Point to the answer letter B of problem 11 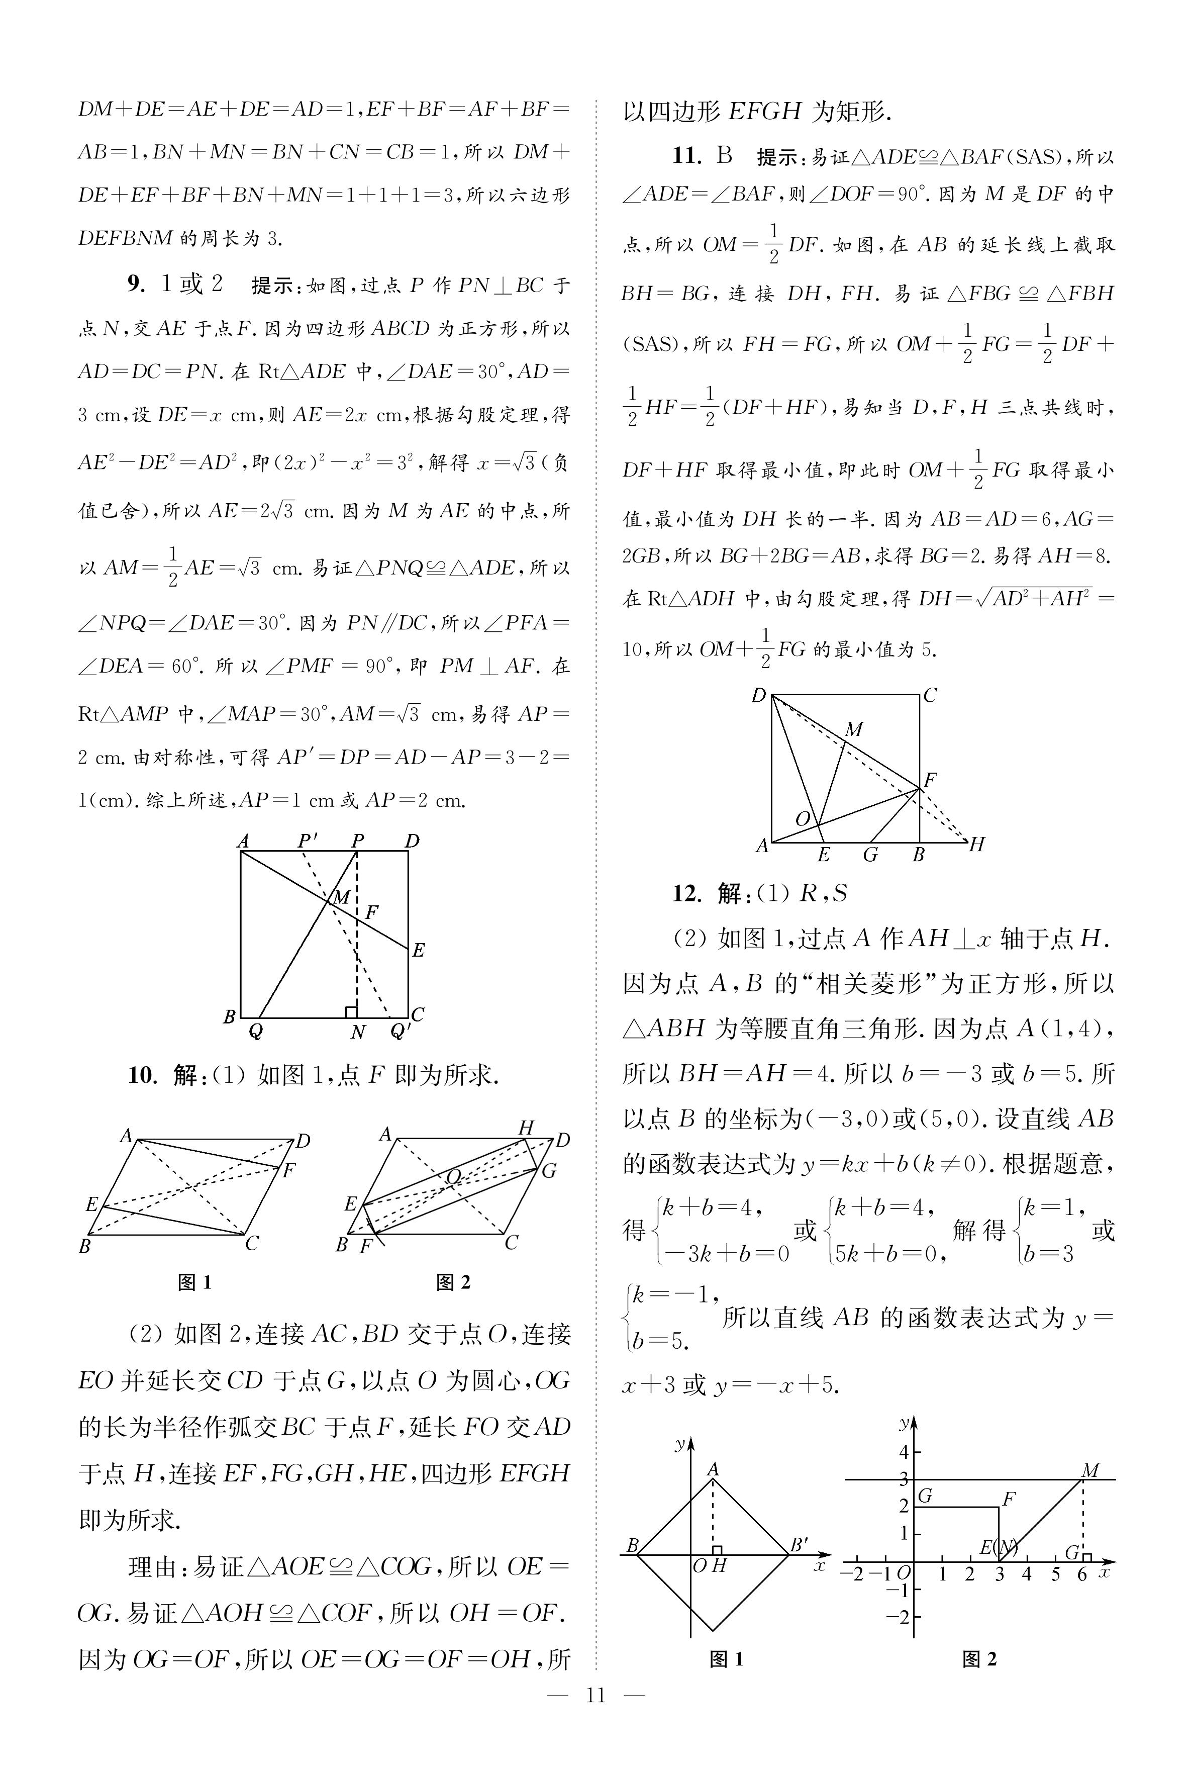(724, 157)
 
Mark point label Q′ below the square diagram (400, 1033)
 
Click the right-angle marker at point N (351, 1012)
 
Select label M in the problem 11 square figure (854, 729)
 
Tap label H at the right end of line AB (977, 844)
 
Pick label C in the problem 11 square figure (929, 695)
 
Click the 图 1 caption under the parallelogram (195, 1282)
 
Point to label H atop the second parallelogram (526, 1128)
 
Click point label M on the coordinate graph (1090, 1470)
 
